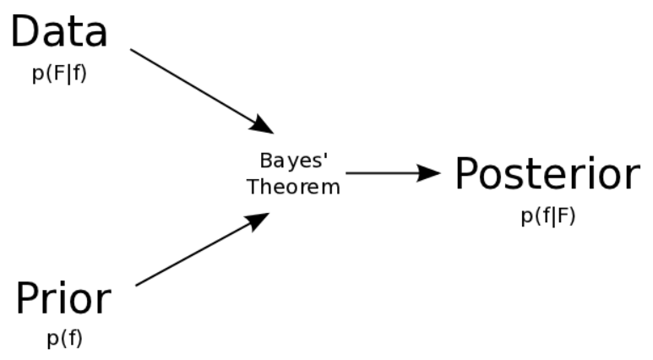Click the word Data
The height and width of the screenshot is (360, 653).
[58, 32]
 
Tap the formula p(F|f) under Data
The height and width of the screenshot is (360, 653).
[58, 74]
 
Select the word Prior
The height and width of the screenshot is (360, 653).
[63, 298]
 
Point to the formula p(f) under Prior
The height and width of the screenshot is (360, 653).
[64, 339]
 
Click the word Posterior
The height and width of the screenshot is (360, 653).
[547, 175]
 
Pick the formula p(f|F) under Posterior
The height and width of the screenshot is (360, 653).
[547, 215]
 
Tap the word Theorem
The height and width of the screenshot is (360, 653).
[293, 187]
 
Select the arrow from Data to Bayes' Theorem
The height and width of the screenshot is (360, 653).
[199, 89]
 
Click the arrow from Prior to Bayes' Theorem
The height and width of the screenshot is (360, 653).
[199, 249]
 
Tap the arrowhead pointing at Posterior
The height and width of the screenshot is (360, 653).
[432, 173]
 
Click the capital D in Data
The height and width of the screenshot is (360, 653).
[24, 32]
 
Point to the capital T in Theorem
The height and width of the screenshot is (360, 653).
[253, 187]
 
